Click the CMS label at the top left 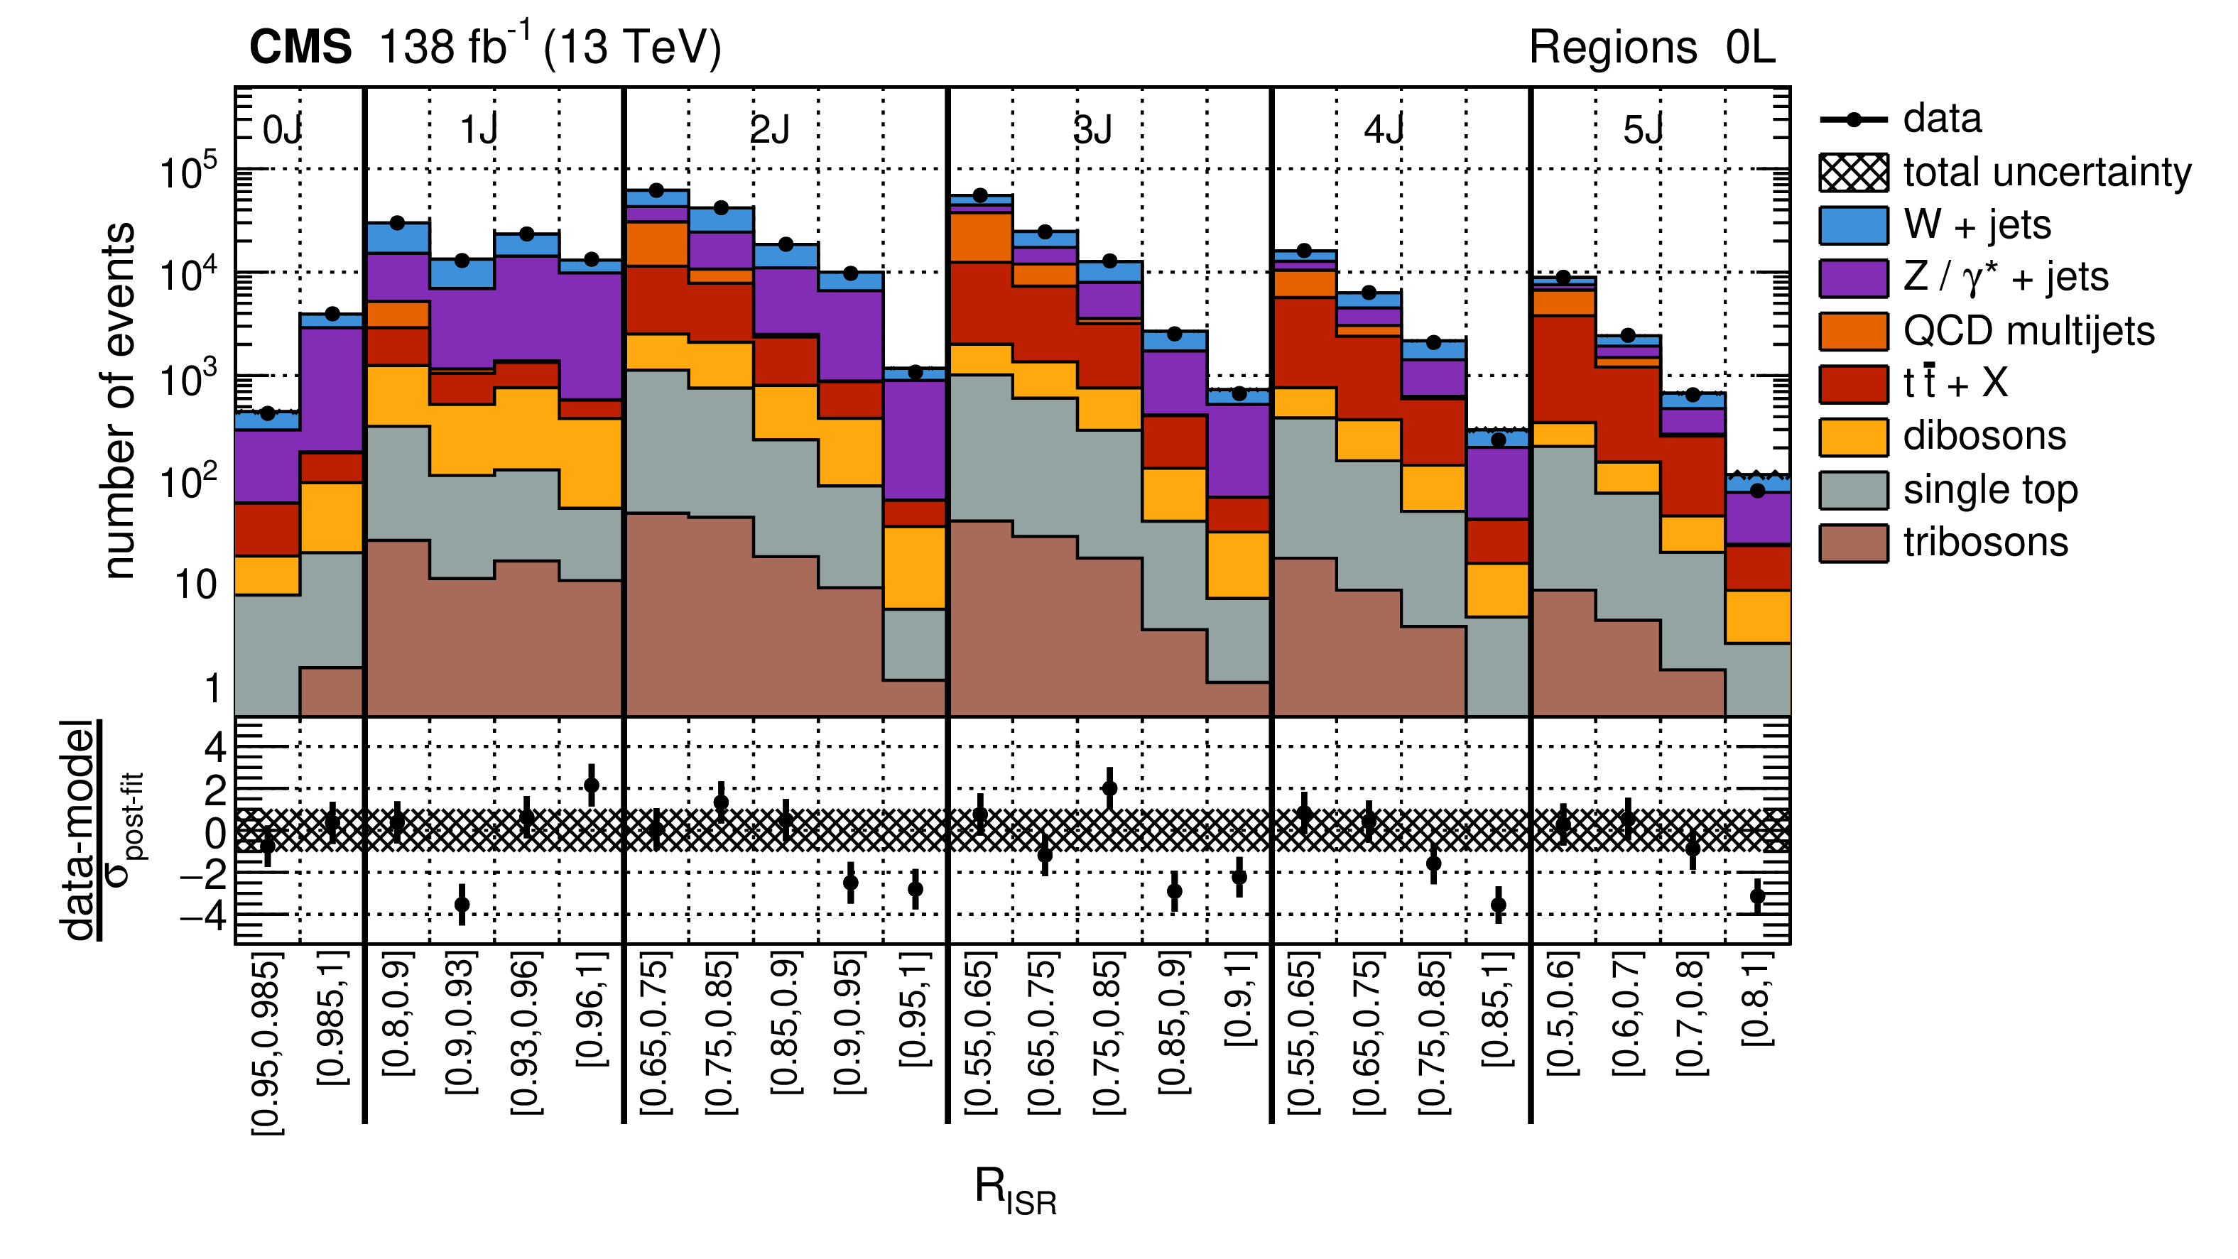[300, 47]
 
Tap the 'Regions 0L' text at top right [1651, 47]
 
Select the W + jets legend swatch [1853, 225]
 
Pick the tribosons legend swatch [1853, 543]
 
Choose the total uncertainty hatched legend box [1853, 172]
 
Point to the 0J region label [283, 131]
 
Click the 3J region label [1093, 131]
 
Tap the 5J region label [1643, 131]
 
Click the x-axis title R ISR [1015, 1190]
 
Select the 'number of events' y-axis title [119, 400]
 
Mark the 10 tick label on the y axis [196, 584]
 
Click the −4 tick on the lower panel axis [204, 915]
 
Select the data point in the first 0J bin [268, 413]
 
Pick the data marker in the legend [1853, 120]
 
